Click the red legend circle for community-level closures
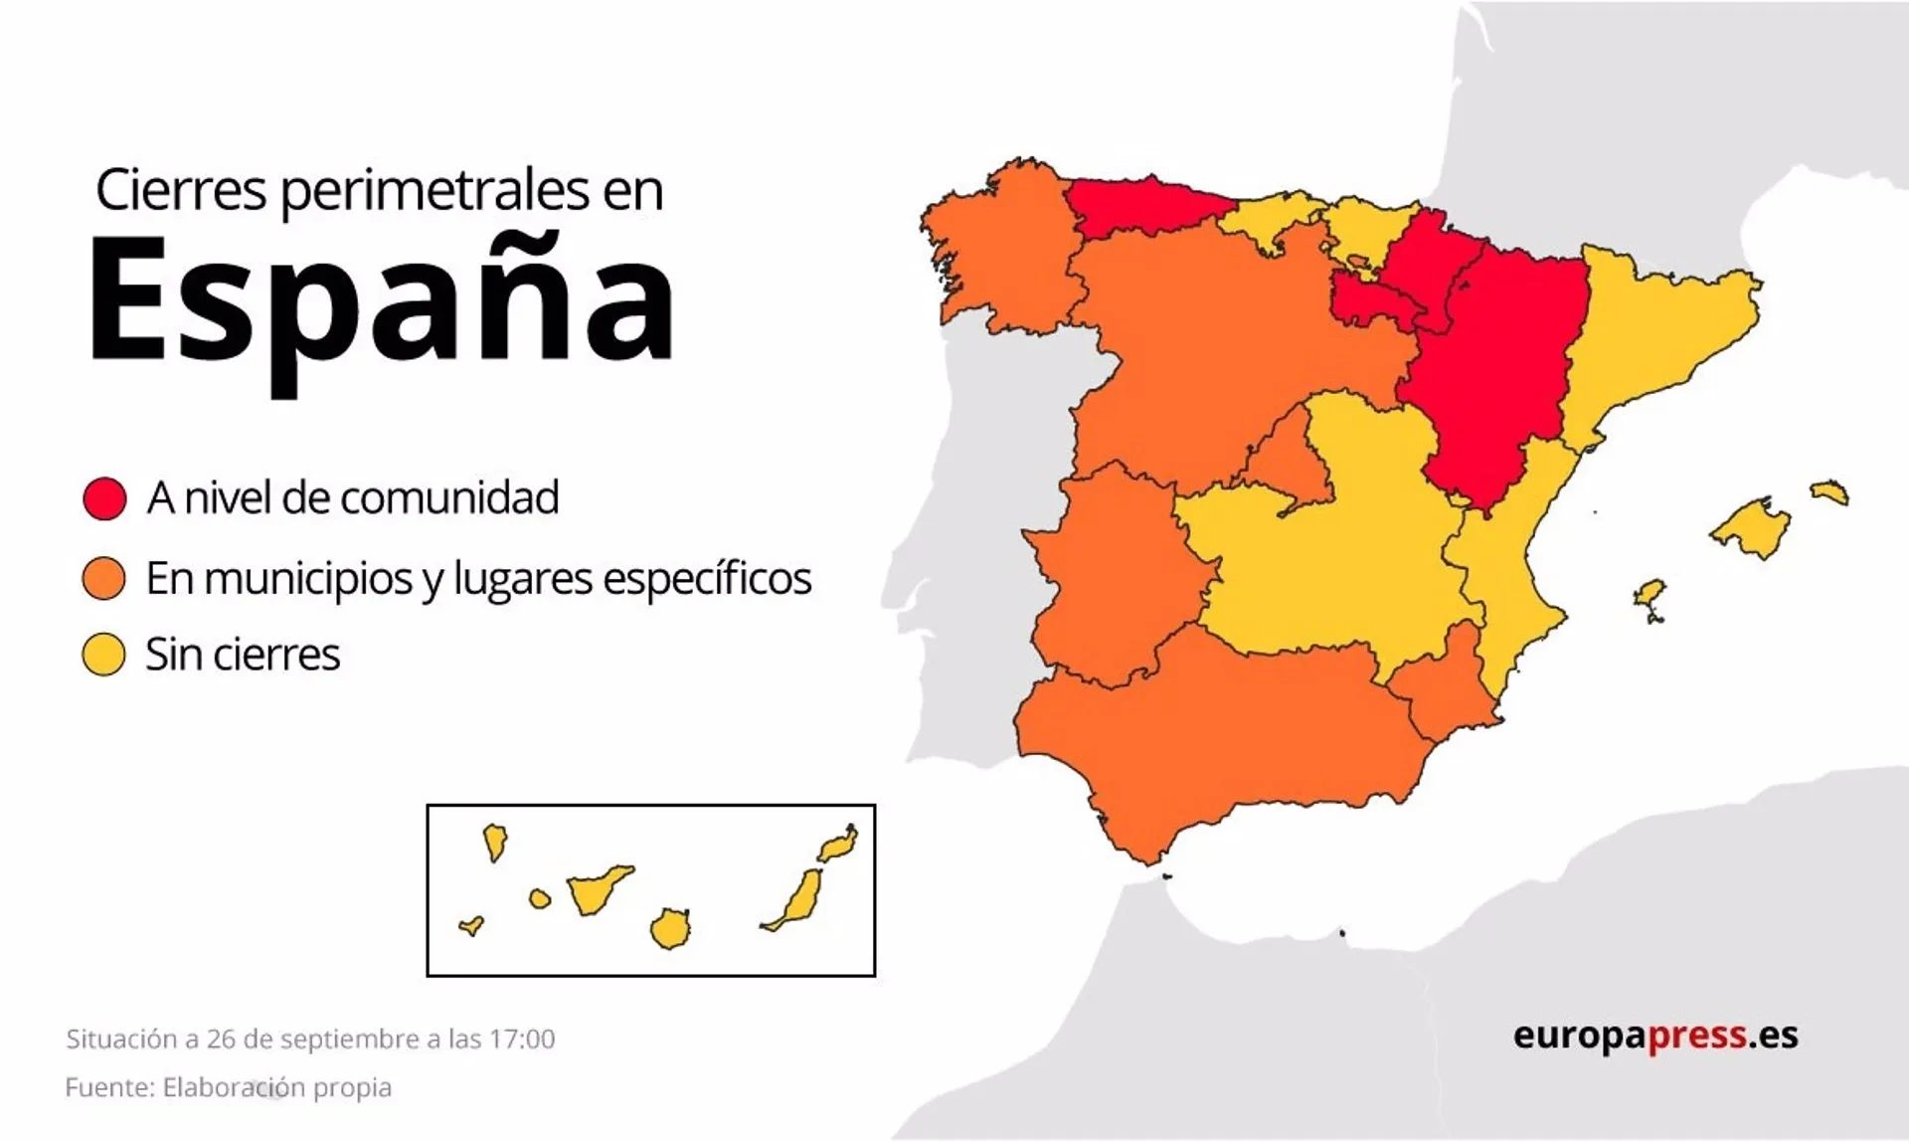[x=104, y=498]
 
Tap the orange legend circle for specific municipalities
[x=104, y=578]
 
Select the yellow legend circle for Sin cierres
[x=104, y=656]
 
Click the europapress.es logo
[x=1655, y=1036]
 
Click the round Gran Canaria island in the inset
[x=670, y=929]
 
